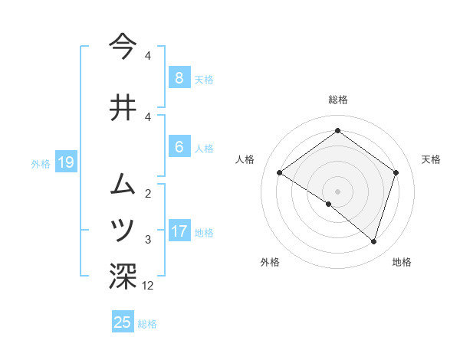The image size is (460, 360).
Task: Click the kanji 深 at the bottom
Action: (x=123, y=276)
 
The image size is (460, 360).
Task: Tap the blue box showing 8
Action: (x=179, y=78)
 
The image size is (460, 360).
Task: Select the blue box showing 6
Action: (x=179, y=147)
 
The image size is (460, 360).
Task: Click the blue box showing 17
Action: (x=179, y=231)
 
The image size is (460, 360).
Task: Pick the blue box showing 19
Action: (x=65, y=162)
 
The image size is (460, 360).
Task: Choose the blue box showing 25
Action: (x=123, y=322)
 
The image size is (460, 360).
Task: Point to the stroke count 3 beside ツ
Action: (x=148, y=240)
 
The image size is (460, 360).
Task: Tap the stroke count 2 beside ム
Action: (x=148, y=193)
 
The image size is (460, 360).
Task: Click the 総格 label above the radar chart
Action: (x=337, y=100)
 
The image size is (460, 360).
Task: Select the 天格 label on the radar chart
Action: (x=432, y=159)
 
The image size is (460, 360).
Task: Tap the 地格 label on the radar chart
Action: (x=402, y=263)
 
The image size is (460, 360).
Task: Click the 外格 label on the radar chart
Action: (x=270, y=263)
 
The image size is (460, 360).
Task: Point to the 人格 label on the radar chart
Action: (x=245, y=159)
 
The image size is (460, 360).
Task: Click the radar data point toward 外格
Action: (x=329, y=205)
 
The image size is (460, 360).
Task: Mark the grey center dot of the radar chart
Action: (x=337, y=191)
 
